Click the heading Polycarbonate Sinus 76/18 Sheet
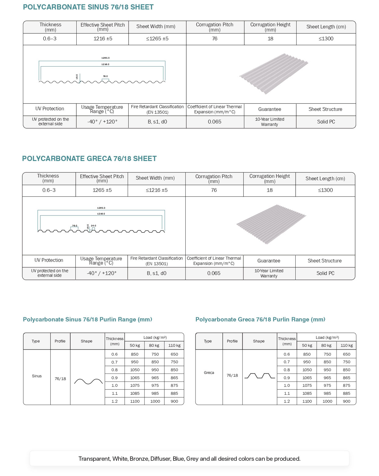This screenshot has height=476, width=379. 88,7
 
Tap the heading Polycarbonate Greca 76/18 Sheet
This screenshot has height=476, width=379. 89,159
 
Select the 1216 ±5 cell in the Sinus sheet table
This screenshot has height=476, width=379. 103,39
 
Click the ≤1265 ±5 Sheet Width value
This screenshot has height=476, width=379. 157,39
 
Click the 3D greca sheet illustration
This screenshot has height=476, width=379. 271,224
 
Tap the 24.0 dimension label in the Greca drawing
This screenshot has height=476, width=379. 93,226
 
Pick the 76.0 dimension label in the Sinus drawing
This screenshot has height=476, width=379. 105,76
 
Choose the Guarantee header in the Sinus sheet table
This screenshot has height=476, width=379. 270,109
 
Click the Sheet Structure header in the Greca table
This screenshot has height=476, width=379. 325,261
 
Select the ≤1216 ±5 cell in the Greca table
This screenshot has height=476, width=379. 157,190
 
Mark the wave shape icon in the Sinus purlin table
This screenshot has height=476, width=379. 88,381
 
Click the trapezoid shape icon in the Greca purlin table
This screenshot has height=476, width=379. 260,376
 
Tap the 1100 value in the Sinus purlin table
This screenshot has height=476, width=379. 135,401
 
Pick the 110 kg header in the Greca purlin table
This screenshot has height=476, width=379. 347,345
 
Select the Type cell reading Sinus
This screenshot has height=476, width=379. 37,376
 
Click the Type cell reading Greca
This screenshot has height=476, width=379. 209,373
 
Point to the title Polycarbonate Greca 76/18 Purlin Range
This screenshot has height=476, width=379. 260,320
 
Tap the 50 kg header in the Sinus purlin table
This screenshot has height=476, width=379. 135,345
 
